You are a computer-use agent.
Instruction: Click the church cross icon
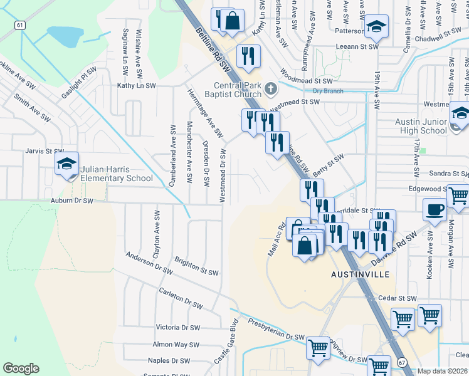tap(271, 88)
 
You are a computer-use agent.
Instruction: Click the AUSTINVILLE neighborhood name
tap(360, 274)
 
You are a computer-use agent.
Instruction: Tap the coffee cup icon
tap(435, 211)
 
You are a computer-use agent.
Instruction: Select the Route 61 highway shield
tap(21, 25)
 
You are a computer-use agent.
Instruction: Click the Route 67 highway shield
tap(401, 362)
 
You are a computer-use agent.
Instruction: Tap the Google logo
tap(21, 368)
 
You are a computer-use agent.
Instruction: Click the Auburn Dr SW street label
tap(71, 201)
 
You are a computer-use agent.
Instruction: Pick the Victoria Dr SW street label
tap(177, 327)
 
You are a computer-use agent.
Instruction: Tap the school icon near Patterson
tap(377, 26)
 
